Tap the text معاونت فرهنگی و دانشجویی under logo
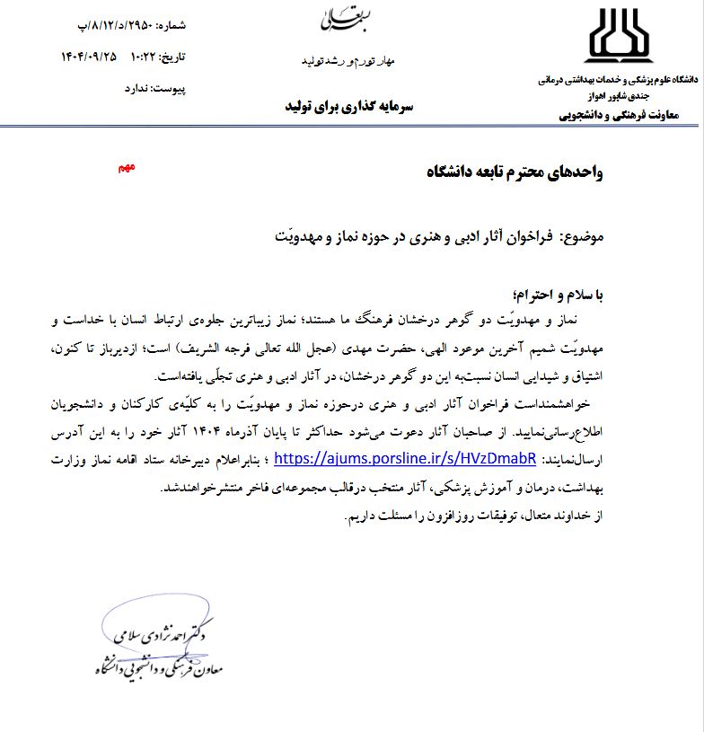[623, 114]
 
